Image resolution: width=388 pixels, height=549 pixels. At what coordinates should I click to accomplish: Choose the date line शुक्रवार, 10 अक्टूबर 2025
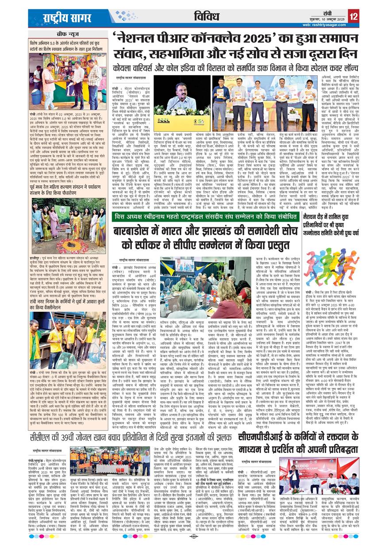[324, 19]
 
